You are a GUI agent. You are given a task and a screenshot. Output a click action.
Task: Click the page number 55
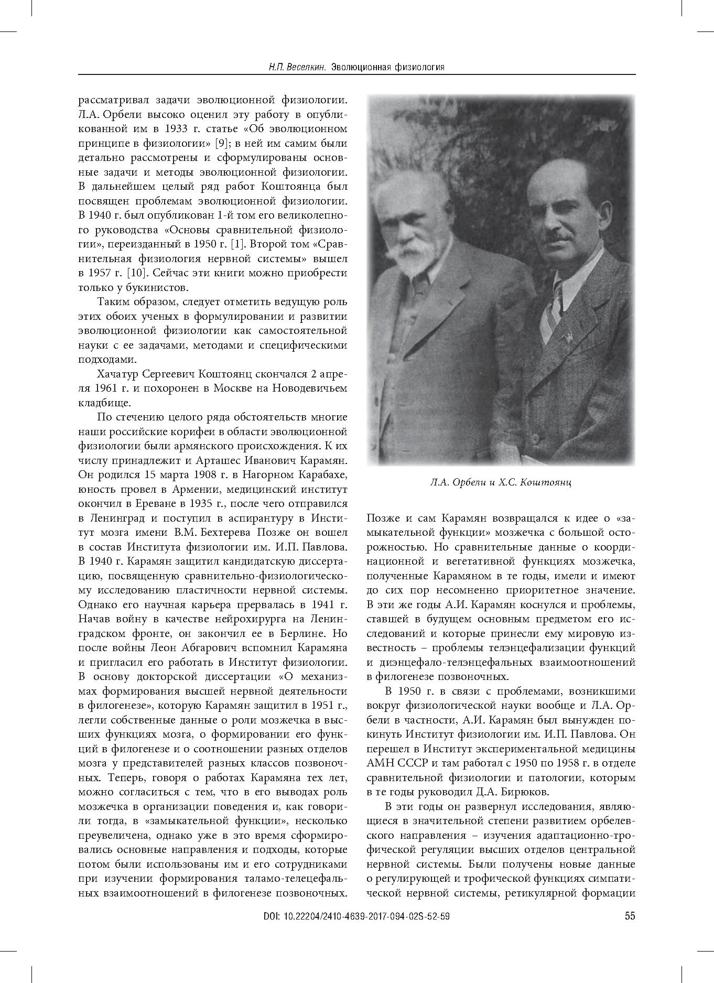point(630,916)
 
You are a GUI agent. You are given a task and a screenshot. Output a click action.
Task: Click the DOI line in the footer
point(356,916)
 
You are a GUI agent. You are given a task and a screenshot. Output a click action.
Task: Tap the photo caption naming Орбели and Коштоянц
point(501,482)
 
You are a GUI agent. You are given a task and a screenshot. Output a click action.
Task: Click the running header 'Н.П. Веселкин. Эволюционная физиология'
point(356,67)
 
